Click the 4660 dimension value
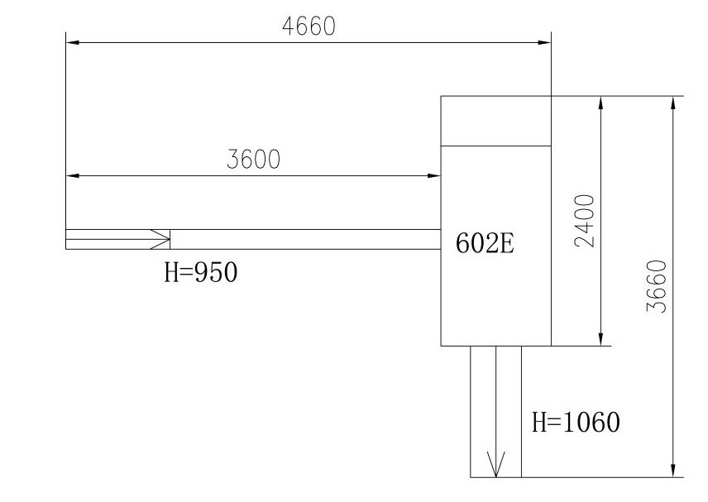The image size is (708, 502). click(309, 26)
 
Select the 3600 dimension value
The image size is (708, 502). click(253, 160)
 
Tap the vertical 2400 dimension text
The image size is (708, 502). click(585, 221)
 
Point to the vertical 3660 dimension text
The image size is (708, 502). click(657, 286)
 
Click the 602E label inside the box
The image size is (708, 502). click(485, 243)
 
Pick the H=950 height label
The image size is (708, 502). click(201, 273)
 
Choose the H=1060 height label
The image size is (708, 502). click(576, 422)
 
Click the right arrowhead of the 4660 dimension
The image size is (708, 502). click(544, 42)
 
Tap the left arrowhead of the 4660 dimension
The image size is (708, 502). click(73, 42)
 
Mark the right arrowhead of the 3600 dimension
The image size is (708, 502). click(434, 175)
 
